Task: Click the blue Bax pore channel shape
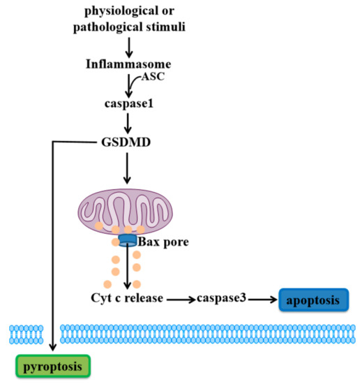click(x=128, y=240)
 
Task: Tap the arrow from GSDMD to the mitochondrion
click(x=128, y=168)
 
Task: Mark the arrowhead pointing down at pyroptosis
click(x=53, y=345)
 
